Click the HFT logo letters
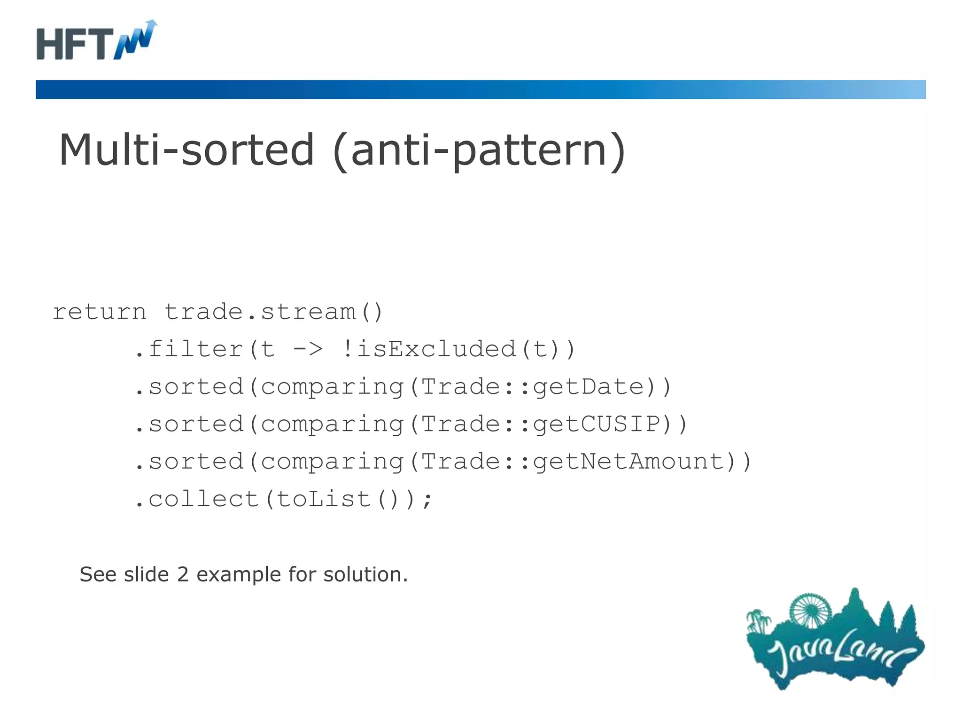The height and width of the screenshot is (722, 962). pyautogui.click(x=75, y=44)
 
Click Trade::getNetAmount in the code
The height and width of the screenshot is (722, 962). pyautogui.click(x=578, y=462)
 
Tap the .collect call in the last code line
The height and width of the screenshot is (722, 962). pyautogui.click(x=197, y=500)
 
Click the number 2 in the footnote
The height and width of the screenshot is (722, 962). pyautogui.click(x=183, y=575)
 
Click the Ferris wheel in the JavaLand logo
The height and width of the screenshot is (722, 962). pyautogui.click(x=810, y=610)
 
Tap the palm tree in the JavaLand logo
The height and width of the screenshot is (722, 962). pyautogui.click(x=757, y=620)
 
